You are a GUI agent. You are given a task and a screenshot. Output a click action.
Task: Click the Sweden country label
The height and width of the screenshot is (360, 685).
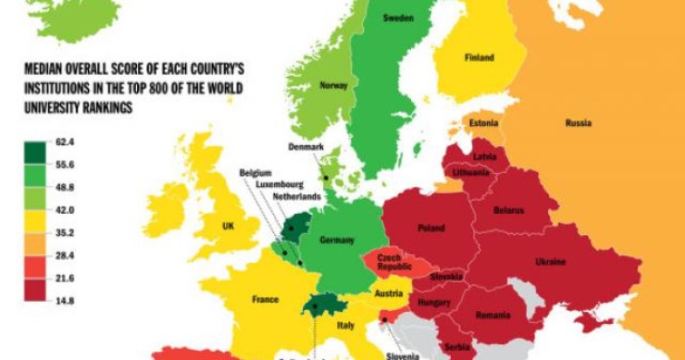[397, 19]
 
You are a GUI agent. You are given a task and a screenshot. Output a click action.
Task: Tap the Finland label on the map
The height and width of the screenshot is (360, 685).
[479, 57]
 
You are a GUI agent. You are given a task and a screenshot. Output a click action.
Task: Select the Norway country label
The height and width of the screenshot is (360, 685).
[332, 85]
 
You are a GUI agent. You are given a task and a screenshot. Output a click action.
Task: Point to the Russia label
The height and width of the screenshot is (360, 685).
[578, 123]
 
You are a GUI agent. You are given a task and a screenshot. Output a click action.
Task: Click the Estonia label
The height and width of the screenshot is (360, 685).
[483, 123]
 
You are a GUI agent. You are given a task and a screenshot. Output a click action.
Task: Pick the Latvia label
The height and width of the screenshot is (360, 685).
[484, 156]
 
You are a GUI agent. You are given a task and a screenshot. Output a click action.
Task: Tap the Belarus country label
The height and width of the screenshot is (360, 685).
[508, 210]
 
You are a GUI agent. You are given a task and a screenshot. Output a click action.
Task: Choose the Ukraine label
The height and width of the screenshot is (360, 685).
[550, 262]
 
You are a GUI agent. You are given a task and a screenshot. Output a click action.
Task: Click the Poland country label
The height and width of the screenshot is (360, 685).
[430, 228]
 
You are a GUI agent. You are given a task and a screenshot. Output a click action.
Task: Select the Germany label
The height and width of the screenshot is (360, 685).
[336, 241]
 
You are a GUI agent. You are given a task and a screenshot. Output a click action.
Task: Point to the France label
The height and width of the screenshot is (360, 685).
[266, 299]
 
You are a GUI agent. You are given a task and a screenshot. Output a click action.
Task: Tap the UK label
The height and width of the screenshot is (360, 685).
[228, 226]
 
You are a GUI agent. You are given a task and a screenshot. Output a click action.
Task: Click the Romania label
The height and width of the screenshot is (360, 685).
[493, 315]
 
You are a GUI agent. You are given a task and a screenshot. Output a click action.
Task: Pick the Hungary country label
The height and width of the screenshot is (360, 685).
[433, 302]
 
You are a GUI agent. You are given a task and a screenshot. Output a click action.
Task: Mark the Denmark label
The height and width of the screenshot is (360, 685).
[306, 147]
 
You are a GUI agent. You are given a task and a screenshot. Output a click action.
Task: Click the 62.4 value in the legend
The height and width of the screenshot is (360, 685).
[65, 142]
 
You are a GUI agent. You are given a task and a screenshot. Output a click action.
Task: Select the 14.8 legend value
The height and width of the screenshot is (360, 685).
[65, 300]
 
